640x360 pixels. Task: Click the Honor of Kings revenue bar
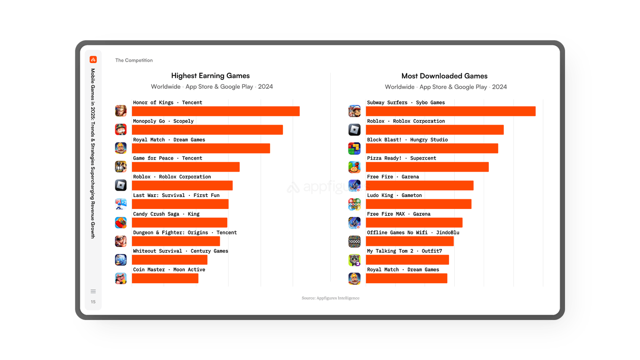(x=215, y=111)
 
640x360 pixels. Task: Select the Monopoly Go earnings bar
(x=207, y=130)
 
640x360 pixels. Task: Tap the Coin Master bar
(x=165, y=279)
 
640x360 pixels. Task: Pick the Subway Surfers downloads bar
(x=451, y=111)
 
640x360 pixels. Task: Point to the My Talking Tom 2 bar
(x=407, y=260)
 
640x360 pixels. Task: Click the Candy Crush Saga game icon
(x=121, y=223)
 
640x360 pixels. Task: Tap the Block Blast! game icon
(x=355, y=148)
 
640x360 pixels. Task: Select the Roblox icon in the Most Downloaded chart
(x=355, y=130)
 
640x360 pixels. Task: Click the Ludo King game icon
(x=355, y=204)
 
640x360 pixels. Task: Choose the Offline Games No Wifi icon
(x=355, y=241)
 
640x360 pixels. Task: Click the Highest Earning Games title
(x=210, y=76)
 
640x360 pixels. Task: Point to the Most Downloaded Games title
(x=444, y=76)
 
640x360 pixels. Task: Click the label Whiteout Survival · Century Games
(x=180, y=251)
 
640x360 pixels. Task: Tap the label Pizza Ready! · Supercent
(x=401, y=158)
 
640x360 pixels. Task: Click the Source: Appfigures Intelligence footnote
(x=330, y=298)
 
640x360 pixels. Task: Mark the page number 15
(x=93, y=302)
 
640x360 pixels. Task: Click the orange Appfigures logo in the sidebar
(x=93, y=60)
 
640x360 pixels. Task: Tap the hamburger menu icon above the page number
(x=93, y=291)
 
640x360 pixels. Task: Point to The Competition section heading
(x=134, y=61)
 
